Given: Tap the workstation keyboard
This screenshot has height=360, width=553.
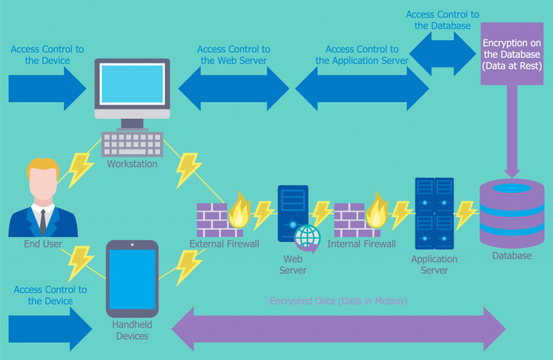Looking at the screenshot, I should click(132, 144).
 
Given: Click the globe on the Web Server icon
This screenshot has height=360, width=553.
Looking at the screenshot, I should click(307, 236).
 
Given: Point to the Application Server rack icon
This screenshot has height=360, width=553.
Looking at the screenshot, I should click(434, 214).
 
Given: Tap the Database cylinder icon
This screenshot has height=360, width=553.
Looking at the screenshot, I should click(512, 212).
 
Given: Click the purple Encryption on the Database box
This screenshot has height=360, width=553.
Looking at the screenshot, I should click(512, 53).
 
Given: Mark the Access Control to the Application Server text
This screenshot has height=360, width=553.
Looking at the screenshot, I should click(362, 55).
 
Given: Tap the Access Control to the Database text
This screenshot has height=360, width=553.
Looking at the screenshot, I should click(442, 20).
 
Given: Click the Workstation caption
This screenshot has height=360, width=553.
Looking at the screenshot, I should click(132, 164).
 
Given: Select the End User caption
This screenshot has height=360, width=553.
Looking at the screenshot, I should click(42, 244).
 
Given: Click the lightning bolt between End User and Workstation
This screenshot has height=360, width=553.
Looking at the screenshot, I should click(81, 167).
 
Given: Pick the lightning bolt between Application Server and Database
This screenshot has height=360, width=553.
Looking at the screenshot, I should click(466, 213).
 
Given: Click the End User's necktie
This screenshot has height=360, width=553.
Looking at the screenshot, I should click(43, 220).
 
